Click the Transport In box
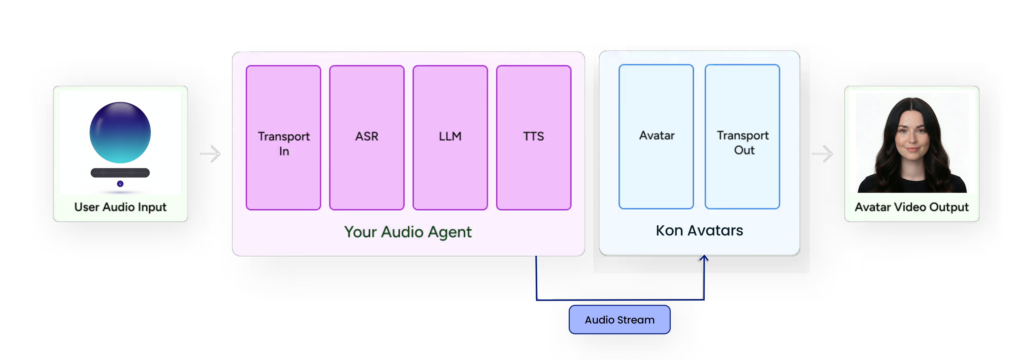tap(284, 138)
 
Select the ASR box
tap(366, 138)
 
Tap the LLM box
tap(450, 138)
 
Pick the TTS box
tap(533, 138)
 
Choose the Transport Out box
tap(742, 136)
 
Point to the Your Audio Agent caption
tap(408, 232)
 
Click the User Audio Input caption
tap(120, 207)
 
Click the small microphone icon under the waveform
tap(120, 184)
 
